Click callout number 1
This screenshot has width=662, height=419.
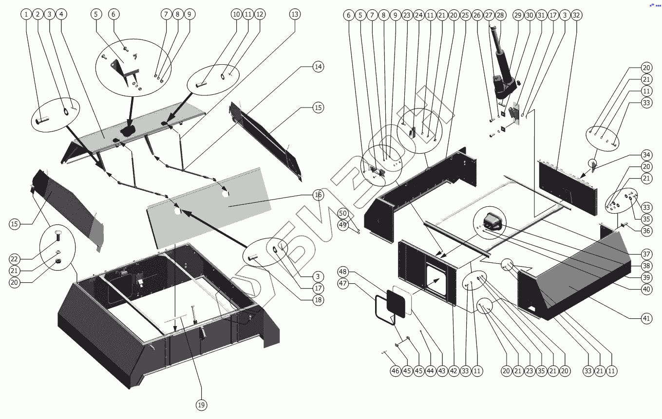(x=26, y=14)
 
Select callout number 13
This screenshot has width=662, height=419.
(x=295, y=14)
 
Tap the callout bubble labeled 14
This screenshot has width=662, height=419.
(x=318, y=66)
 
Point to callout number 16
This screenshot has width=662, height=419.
(x=318, y=195)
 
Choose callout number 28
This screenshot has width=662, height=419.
(x=500, y=15)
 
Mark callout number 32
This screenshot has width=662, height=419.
(x=576, y=15)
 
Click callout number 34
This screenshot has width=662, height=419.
(x=646, y=155)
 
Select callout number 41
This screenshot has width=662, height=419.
(x=646, y=318)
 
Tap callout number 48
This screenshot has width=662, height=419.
(x=343, y=271)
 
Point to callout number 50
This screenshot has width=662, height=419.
(x=343, y=214)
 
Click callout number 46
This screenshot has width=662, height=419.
(x=396, y=371)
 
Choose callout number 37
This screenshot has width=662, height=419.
(x=646, y=254)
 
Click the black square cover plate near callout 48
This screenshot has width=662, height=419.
(x=396, y=303)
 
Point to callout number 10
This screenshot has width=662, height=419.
(x=236, y=14)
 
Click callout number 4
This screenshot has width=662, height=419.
(x=61, y=14)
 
